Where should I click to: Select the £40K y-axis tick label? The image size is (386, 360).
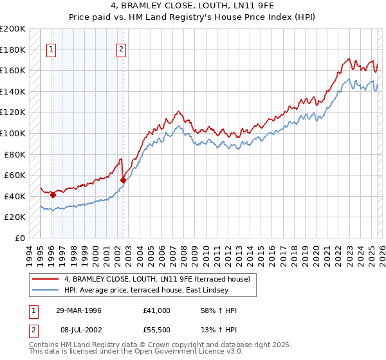coord(15,196)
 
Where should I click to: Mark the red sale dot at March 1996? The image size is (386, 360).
coord(53,195)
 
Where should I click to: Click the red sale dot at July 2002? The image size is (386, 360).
coord(123,180)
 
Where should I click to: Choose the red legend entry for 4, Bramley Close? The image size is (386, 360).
coord(160,278)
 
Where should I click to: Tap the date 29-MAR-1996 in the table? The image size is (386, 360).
coord(78,310)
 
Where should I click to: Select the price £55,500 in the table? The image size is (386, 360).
coord(157,331)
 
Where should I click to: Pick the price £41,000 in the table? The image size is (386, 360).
coord(157,310)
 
